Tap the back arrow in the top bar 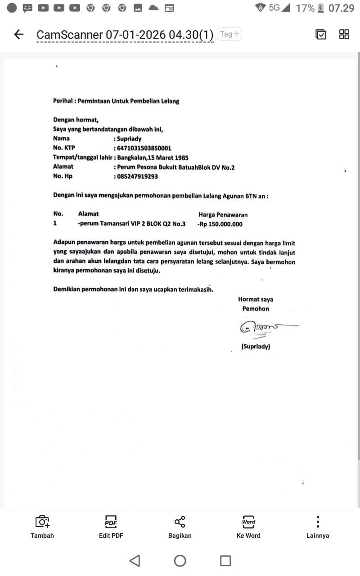coord(18,34)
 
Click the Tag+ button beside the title coord(229,34)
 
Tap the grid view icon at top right coord(344,34)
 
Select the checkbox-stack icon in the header coord(321,34)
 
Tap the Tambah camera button coord(42,527)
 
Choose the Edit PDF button coord(111,527)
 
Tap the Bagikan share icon coord(180,527)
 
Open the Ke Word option coord(248,527)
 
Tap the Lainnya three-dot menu coord(318,526)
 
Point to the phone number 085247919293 coord(138,176)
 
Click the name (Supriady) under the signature coord(256,346)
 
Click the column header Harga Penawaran coord(223,215)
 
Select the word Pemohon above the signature coord(256,309)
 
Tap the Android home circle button coord(180,561)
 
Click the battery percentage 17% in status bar coord(305,8)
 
